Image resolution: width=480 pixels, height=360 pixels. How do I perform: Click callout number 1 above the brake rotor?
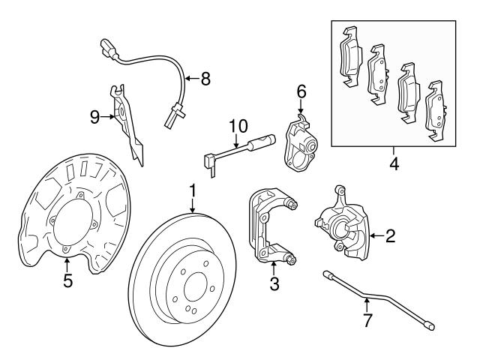click(193, 191)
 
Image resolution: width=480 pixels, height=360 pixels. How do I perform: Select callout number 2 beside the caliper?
click(390, 237)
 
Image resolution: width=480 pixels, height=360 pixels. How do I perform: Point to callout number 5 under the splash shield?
click(67, 283)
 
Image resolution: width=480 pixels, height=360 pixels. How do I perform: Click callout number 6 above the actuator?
click(301, 91)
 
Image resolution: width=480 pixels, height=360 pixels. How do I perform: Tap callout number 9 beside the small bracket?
click(95, 115)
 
